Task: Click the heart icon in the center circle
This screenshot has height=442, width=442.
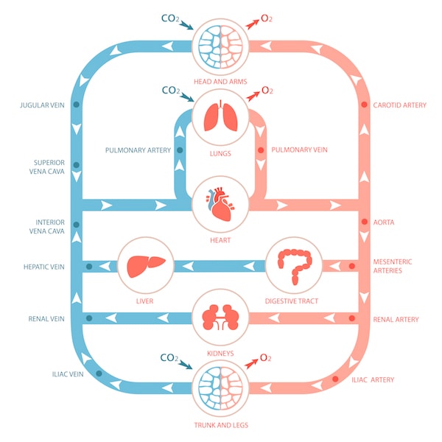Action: [220, 204]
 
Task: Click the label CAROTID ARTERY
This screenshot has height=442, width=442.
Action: [400, 105]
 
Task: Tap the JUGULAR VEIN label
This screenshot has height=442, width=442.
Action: [43, 105]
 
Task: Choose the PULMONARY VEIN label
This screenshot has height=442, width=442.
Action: [299, 150]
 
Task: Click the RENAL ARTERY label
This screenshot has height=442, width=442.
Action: [396, 320]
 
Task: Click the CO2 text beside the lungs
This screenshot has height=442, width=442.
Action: [170, 91]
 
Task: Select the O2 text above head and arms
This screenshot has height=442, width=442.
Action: [266, 16]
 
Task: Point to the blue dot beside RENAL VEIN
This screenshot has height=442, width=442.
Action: [88, 319]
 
